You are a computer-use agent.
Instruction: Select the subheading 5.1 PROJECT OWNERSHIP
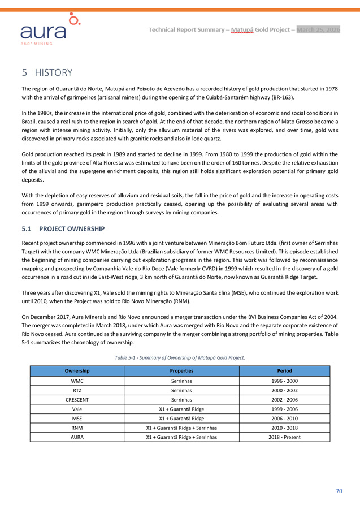(x=63, y=228)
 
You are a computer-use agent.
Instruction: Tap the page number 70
(x=339, y=491)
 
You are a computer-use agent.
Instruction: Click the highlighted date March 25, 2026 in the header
(x=318, y=29)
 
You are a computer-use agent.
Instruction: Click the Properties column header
(x=181, y=371)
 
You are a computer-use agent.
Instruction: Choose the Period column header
(x=285, y=371)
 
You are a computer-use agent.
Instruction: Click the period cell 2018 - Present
(x=285, y=437)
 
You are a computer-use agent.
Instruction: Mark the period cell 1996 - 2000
(x=285, y=381)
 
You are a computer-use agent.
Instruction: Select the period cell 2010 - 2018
(x=285, y=428)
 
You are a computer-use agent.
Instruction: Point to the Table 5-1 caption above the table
(x=180, y=357)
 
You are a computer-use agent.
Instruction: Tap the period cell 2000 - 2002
(x=285, y=390)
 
